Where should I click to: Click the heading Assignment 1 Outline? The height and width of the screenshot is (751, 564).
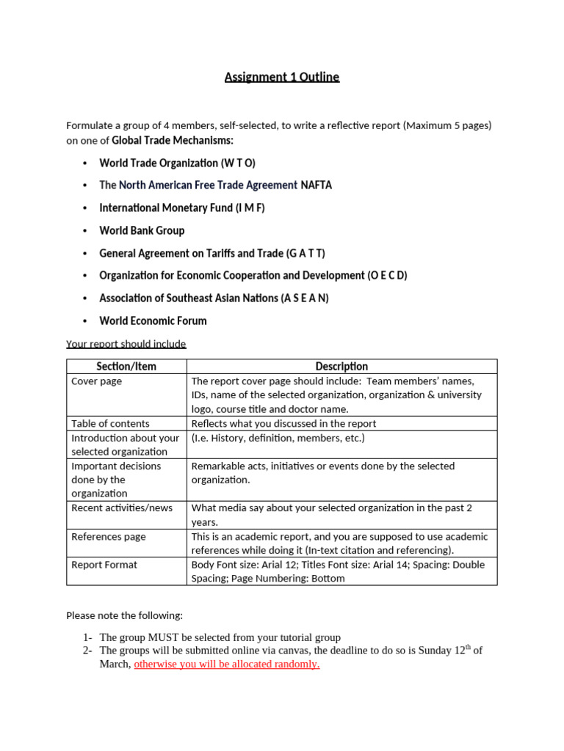(x=282, y=77)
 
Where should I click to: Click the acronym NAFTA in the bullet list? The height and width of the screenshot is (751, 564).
(x=317, y=186)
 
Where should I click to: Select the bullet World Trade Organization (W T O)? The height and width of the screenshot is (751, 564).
(x=177, y=163)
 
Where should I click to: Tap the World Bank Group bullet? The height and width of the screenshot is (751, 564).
(x=142, y=230)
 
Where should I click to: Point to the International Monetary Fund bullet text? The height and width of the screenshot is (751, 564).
(x=181, y=208)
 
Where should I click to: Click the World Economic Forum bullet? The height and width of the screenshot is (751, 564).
(x=153, y=320)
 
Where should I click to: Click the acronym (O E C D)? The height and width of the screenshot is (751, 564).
(x=387, y=276)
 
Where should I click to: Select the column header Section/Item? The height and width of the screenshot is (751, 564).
(x=126, y=366)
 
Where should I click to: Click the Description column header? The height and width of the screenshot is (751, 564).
(x=341, y=366)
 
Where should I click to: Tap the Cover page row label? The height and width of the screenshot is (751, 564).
(x=97, y=381)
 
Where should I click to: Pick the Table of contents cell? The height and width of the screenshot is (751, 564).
(x=110, y=423)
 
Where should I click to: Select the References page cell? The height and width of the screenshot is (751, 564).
(x=108, y=537)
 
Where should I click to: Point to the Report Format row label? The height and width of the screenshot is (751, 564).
(x=104, y=565)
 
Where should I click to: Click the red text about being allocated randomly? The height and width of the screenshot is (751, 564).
(x=226, y=664)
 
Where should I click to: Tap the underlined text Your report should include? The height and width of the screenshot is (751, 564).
(x=126, y=344)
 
